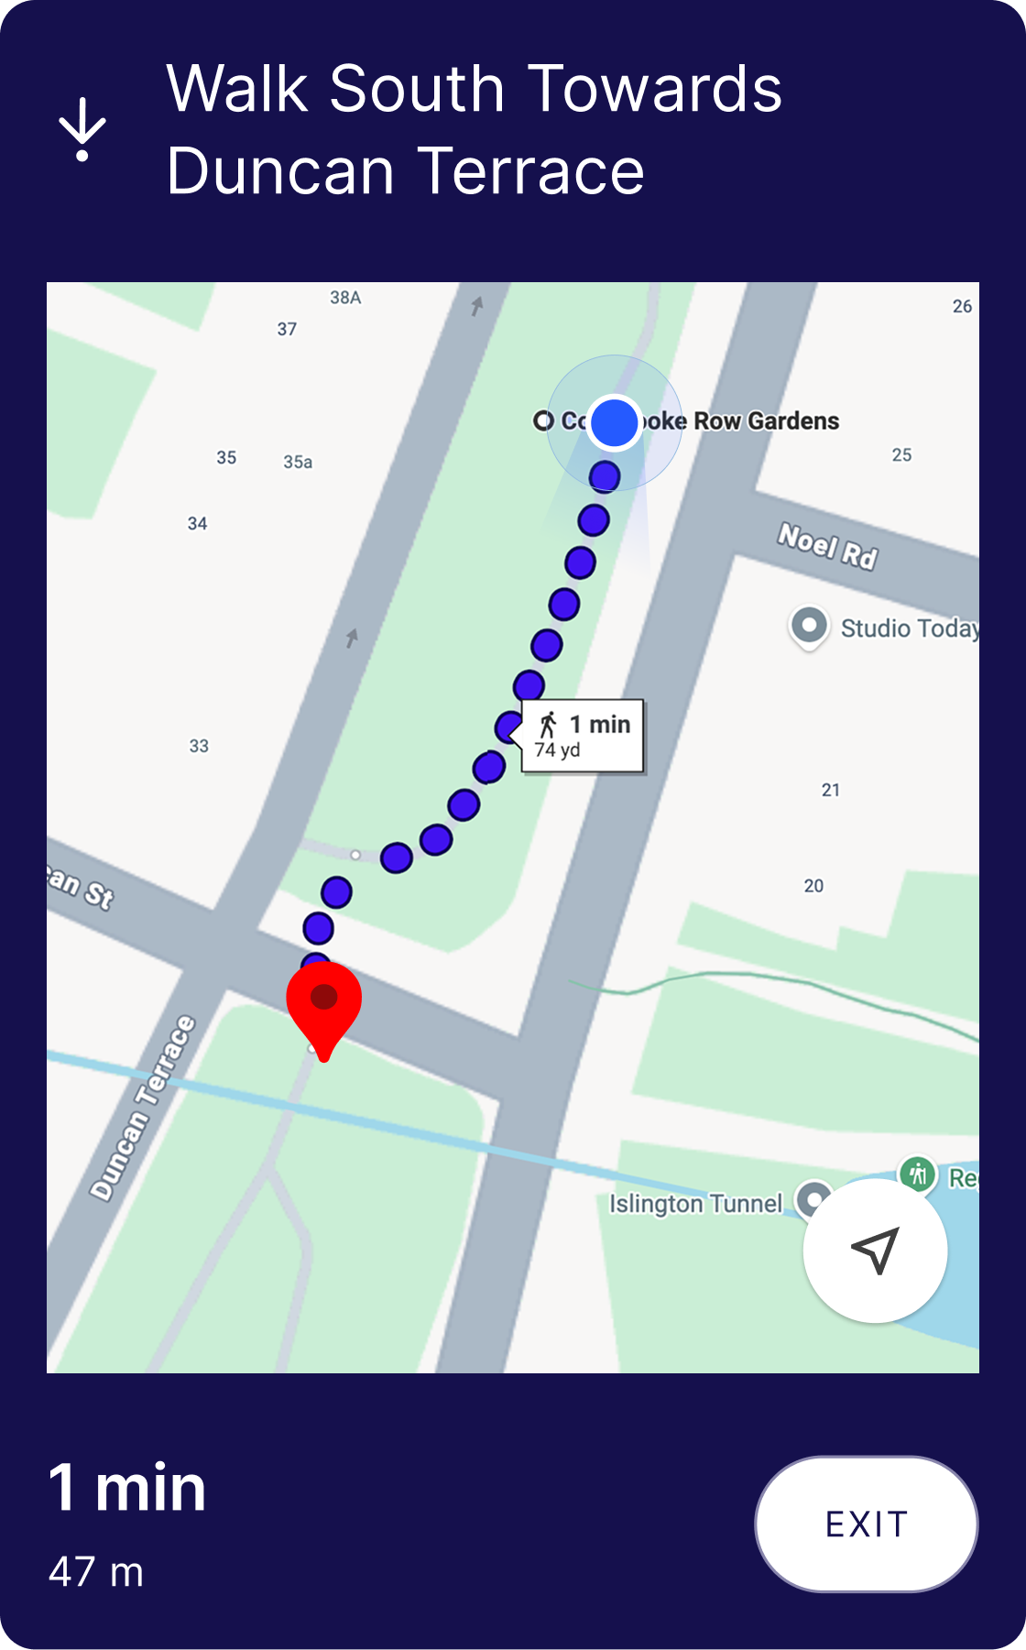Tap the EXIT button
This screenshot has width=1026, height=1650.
click(866, 1524)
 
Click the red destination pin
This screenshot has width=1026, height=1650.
click(323, 1003)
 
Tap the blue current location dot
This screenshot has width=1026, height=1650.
click(614, 423)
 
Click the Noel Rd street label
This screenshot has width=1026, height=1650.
click(827, 545)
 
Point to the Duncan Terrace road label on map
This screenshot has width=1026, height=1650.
click(143, 1108)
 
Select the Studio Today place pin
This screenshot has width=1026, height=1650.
click(809, 627)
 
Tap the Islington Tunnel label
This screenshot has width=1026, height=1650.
click(696, 1203)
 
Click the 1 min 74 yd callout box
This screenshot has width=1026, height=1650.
click(583, 737)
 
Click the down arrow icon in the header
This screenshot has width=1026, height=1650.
click(82, 129)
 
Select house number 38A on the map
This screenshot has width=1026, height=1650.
click(345, 298)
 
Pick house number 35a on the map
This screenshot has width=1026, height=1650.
click(298, 463)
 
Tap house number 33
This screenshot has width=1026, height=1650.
click(199, 747)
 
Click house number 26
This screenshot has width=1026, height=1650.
click(962, 307)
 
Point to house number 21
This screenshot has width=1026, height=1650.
click(831, 791)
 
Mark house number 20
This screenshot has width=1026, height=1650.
click(813, 886)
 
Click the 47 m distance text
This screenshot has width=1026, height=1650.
click(96, 1572)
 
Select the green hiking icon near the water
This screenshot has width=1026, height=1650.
click(917, 1174)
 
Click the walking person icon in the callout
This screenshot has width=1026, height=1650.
click(549, 725)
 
